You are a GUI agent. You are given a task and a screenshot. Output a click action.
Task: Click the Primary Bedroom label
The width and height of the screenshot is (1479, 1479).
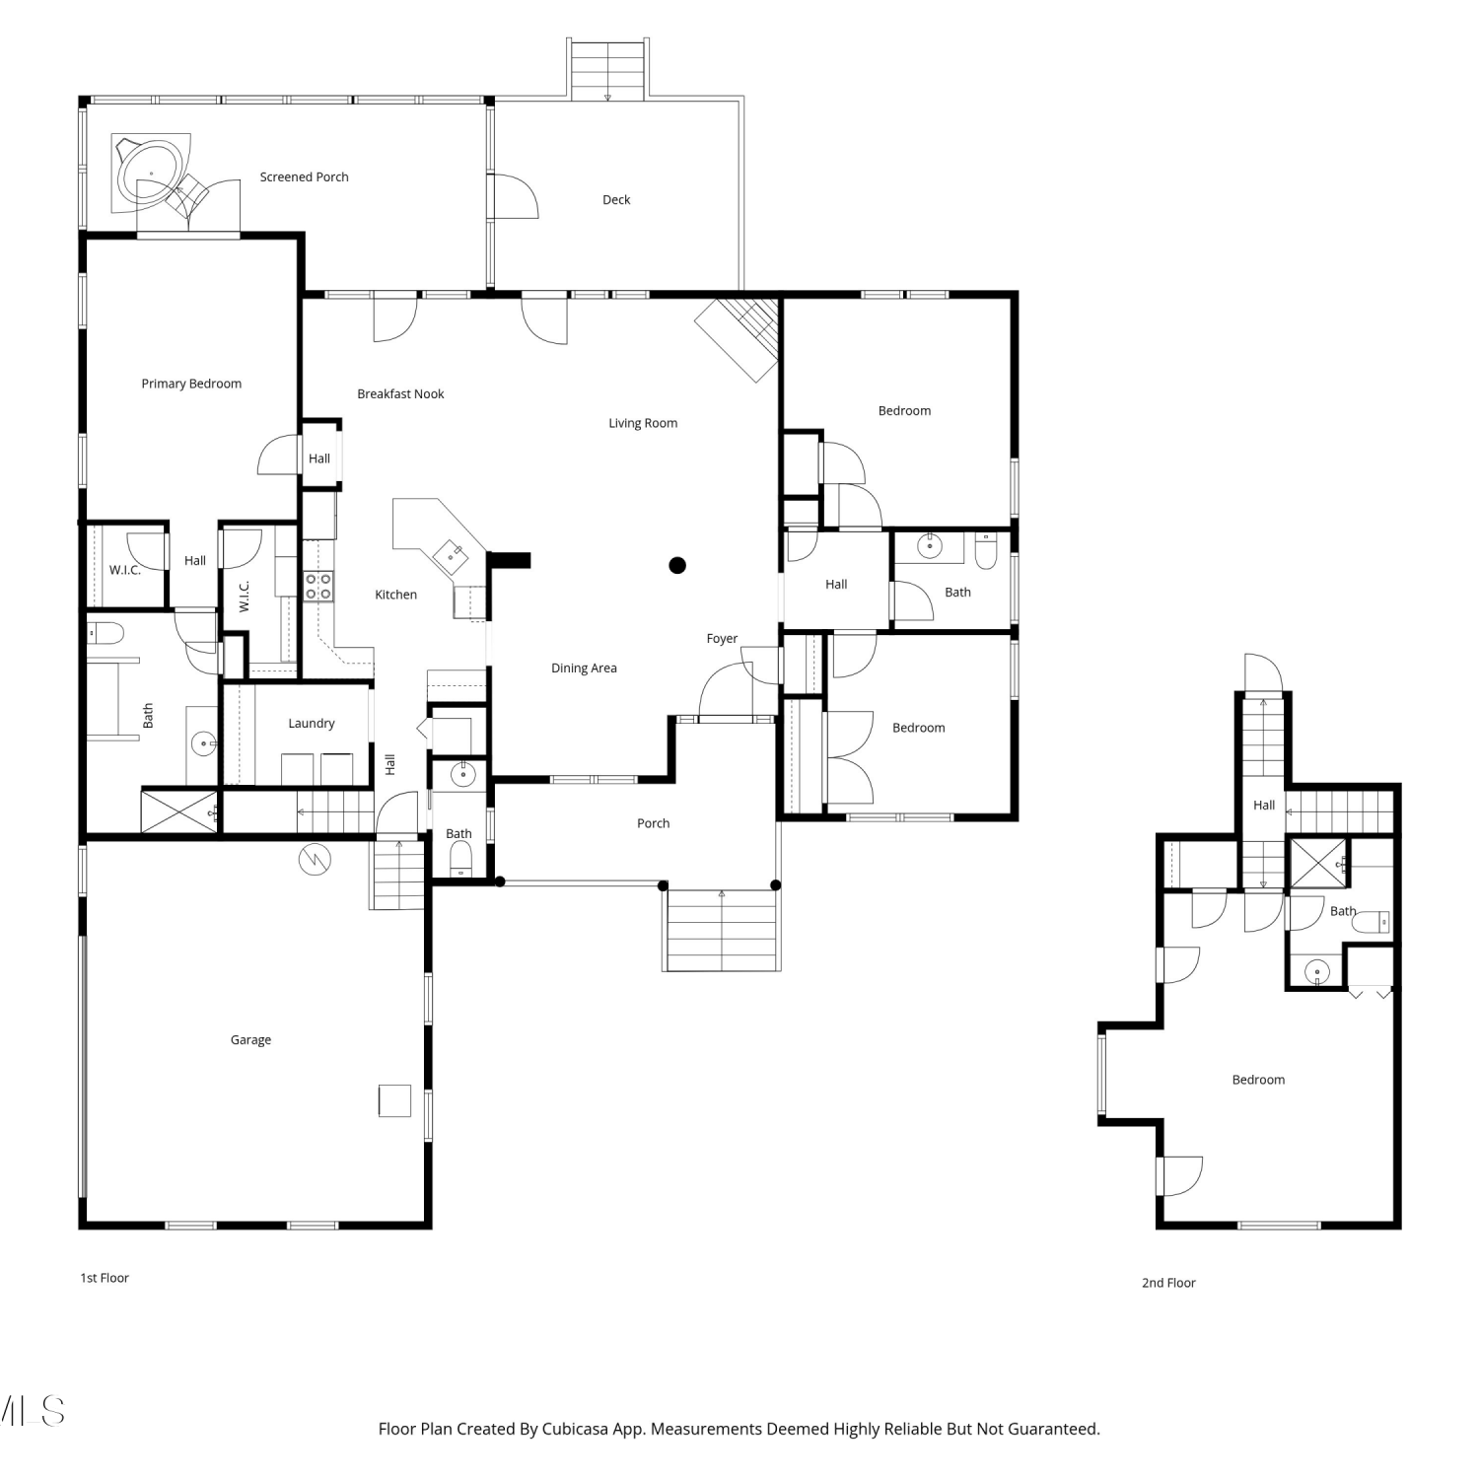(191, 384)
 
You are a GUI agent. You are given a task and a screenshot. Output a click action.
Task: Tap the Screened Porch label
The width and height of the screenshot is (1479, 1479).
(304, 176)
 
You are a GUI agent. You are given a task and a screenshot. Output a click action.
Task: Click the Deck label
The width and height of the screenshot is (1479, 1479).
(616, 199)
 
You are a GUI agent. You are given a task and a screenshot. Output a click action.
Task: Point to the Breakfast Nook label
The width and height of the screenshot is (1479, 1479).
(400, 393)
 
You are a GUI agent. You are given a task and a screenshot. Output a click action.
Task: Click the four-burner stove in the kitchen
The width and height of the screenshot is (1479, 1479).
(318, 587)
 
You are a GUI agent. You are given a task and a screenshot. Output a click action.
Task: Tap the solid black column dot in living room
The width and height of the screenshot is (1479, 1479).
(677, 565)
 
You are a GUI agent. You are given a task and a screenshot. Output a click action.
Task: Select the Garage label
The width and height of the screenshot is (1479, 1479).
(250, 1039)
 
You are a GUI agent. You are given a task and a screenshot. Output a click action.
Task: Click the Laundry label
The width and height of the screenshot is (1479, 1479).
(312, 723)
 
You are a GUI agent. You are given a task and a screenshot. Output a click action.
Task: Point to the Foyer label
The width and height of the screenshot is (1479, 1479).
(722, 638)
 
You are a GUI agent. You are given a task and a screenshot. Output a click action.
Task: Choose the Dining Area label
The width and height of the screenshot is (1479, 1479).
(584, 668)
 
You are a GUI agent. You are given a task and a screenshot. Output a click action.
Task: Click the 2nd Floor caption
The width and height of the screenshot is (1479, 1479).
(1168, 1283)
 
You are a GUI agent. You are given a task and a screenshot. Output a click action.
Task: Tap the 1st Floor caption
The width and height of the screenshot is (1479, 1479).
(105, 1278)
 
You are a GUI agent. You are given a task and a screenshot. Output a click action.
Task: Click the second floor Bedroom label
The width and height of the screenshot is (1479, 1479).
(1258, 1080)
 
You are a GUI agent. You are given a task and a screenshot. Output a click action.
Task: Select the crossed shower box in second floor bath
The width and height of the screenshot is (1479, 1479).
(1319, 864)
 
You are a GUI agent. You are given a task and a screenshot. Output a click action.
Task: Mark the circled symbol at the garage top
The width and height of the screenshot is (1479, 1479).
(316, 860)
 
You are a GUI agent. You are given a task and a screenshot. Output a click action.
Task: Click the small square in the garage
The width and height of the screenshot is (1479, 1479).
(394, 1100)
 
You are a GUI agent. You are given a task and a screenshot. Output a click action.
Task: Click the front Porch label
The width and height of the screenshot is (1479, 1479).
(653, 823)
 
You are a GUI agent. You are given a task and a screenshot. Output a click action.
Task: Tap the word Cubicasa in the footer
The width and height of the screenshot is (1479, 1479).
(575, 1429)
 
